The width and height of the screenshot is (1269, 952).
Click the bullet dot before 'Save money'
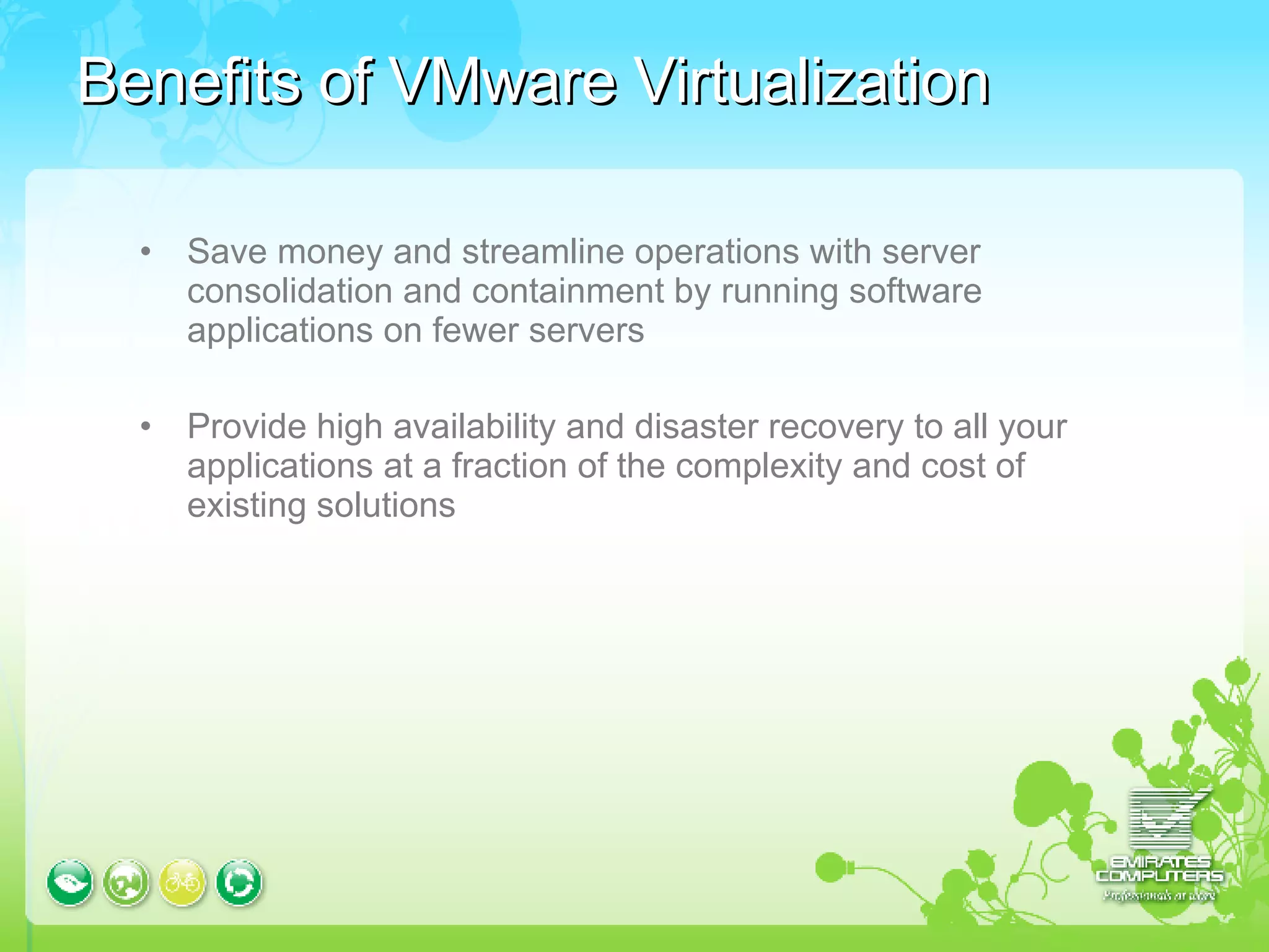(x=146, y=252)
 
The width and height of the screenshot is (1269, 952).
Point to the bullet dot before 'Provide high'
(x=146, y=426)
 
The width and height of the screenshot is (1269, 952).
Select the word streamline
(x=543, y=252)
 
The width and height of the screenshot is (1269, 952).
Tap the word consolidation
(x=289, y=291)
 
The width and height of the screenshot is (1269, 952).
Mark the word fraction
(x=509, y=466)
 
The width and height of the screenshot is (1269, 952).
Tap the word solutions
(x=385, y=505)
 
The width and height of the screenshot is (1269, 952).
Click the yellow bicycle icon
(x=182, y=882)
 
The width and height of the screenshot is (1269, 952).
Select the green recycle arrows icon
(x=239, y=882)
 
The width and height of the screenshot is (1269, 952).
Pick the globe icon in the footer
(x=126, y=882)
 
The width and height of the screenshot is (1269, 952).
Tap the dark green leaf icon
(x=70, y=882)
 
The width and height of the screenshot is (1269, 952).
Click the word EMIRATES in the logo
(x=1159, y=862)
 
